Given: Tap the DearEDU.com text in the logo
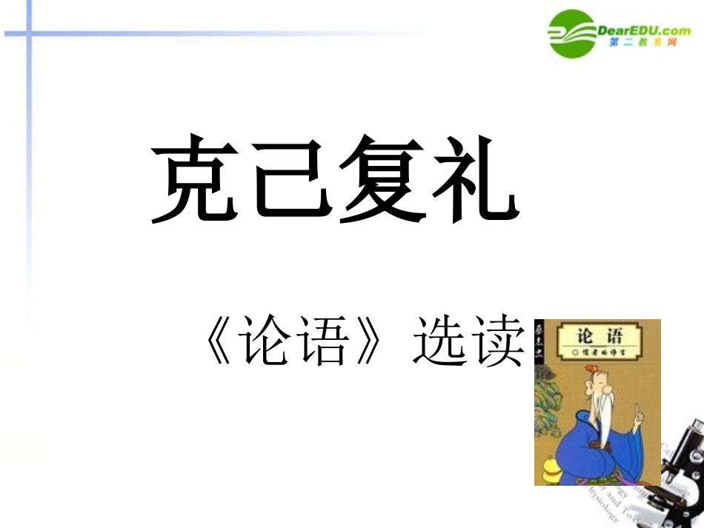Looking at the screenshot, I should tap(643, 30).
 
